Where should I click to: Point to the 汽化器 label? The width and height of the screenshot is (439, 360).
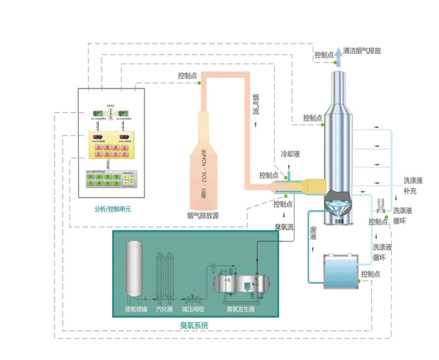click(x=164, y=308)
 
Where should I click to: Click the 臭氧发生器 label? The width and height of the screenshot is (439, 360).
click(x=240, y=308)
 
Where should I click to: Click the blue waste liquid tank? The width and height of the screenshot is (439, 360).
click(x=335, y=269)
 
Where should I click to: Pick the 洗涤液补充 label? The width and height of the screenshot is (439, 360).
click(x=413, y=186)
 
